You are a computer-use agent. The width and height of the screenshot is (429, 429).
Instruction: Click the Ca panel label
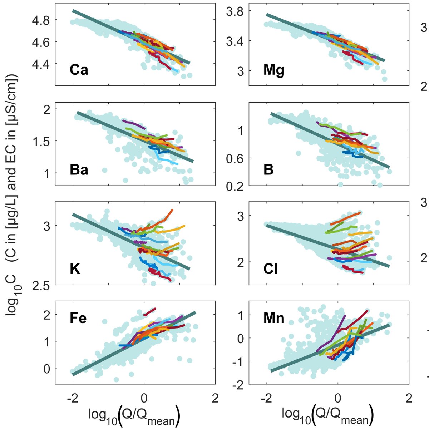[x=79, y=70]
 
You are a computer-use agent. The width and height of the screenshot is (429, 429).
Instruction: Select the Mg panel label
[x=274, y=70]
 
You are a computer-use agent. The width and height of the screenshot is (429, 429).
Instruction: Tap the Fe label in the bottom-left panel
[x=78, y=318]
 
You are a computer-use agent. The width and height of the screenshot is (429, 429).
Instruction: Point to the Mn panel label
[x=274, y=318]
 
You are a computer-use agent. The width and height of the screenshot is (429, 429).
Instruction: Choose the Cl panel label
[x=270, y=268]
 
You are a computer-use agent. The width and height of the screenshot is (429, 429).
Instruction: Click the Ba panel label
[x=79, y=169]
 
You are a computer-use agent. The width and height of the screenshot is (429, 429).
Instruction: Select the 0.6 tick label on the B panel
[x=235, y=158]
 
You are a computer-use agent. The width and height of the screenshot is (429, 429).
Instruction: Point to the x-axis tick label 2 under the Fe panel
[x=215, y=398]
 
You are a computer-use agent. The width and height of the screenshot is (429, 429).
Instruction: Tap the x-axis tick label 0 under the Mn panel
[x=337, y=398]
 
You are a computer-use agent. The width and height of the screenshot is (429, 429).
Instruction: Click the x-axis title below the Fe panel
[x=134, y=415]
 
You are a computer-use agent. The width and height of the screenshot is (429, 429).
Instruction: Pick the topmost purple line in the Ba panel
[x=133, y=123]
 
